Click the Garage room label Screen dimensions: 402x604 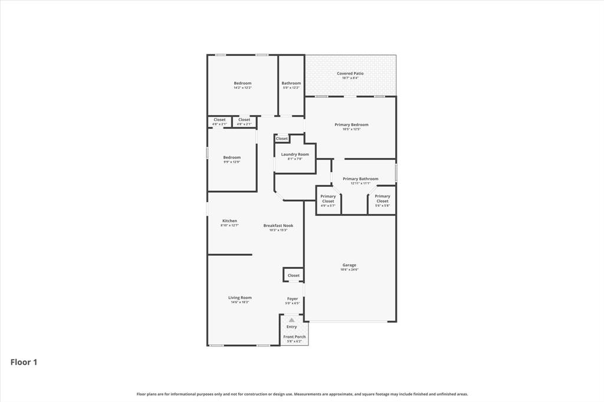(349, 265)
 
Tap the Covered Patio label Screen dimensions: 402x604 (350, 74)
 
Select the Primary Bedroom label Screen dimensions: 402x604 (351, 124)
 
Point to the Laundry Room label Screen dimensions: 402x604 (294, 154)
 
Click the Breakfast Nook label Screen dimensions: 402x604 (278, 225)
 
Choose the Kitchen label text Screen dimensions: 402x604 (229, 221)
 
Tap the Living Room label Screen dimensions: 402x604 (239, 298)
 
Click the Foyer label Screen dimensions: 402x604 (293, 299)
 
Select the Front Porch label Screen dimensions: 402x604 (294, 337)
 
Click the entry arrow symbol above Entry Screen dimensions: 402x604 (291, 320)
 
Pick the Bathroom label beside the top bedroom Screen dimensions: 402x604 (291, 83)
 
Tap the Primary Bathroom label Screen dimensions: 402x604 (360, 179)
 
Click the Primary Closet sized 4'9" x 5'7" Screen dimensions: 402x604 (328, 199)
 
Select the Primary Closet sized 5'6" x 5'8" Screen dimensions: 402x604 (382, 199)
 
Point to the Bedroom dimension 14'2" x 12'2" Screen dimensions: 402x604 (242, 87)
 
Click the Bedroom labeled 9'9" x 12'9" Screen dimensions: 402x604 (232, 157)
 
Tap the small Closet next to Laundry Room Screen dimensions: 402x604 (282, 139)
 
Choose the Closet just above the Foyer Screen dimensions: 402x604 (293, 275)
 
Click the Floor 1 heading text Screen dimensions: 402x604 (24, 362)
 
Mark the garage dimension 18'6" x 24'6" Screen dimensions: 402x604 (349, 269)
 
